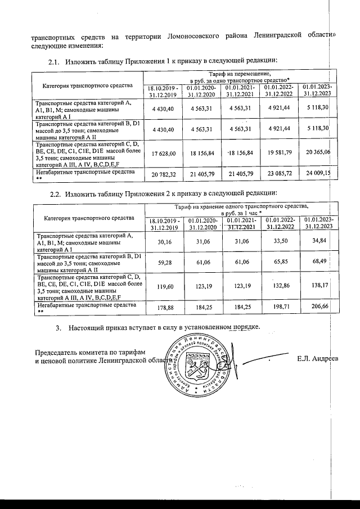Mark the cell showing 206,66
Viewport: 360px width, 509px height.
(320, 308)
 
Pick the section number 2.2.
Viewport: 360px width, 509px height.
(55, 194)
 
